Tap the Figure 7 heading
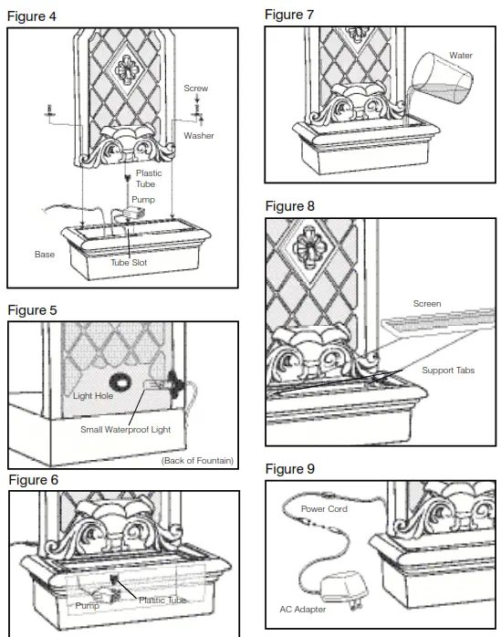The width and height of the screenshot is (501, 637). click(289, 15)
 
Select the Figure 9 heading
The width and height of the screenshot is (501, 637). click(289, 468)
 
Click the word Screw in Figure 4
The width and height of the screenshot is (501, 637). click(195, 89)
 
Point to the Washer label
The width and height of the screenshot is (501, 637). click(199, 135)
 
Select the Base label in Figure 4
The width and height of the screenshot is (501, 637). click(45, 255)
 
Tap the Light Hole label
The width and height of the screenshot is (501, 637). click(93, 396)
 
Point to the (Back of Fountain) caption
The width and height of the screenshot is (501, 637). click(197, 461)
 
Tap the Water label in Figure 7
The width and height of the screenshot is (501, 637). click(460, 56)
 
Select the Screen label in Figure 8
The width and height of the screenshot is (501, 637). click(426, 304)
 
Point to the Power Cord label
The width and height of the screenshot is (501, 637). click(324, 509)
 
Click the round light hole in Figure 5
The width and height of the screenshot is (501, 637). click(120, 381)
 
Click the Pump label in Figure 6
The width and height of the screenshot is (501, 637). click(88, 604)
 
